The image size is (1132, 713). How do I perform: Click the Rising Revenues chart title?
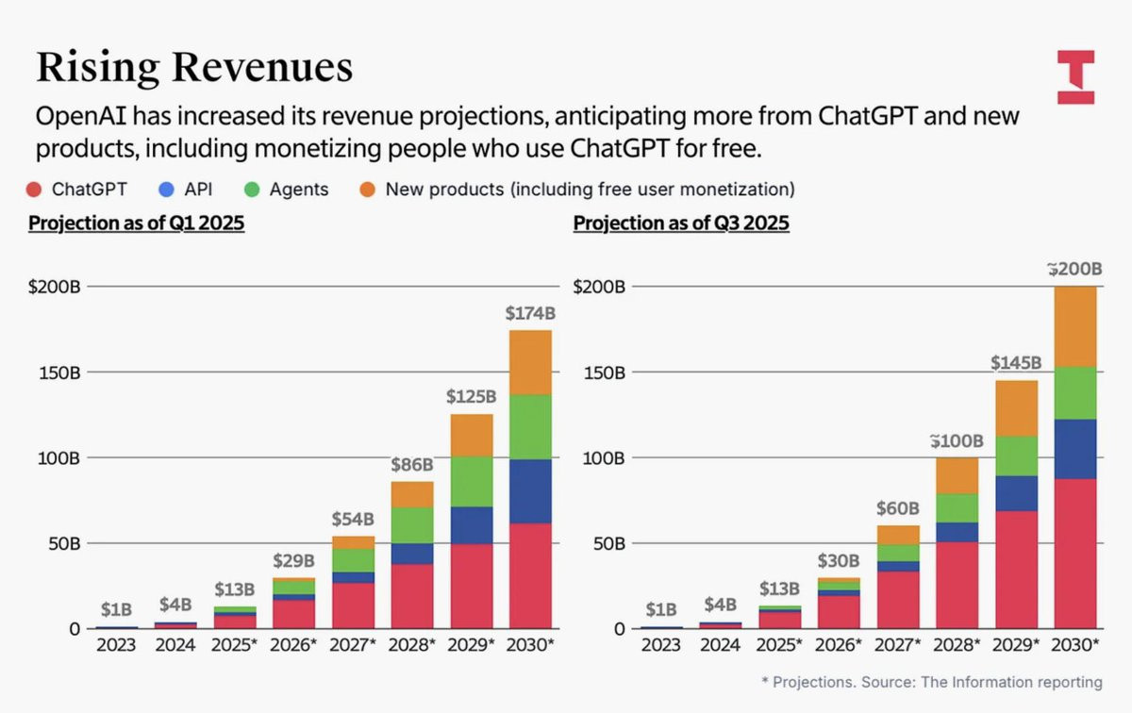pyautogui.click(x=194, y=68)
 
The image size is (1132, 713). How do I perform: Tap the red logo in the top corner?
pyautogui.click(x=1075, y=76)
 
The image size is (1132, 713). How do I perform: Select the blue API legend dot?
pyautogui.click(x=166, y=190)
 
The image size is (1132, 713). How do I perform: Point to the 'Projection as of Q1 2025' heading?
pyautogui.click(x=136, y=224)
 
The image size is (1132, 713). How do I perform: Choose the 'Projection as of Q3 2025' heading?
pyautogui.click(x=681, y=224)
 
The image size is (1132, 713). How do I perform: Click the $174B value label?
pyautogui.click(x=529, y=312)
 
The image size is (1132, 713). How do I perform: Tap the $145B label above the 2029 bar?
pyautogui.click(x=1015, y=363)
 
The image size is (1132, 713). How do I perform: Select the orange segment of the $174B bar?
pyautogui.click(x=529, y=362)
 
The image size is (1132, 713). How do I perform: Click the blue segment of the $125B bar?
pyautogui.click(x=471, y=525)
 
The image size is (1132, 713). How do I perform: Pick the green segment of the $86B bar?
pyautogui.click(x=412, y=525)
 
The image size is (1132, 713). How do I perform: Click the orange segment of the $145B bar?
pyautogui.click(x=1015, y=408)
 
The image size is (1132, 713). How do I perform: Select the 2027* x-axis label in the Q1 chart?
pyautogui.click(x=354, y=646)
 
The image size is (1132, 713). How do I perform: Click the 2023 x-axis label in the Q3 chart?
pyautogui.click(x=660, y=646)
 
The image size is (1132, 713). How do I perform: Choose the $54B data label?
pyautogui.click(x=354, y=519)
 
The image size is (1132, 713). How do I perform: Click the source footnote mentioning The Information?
pyautogui.click(x=932, y=682)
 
